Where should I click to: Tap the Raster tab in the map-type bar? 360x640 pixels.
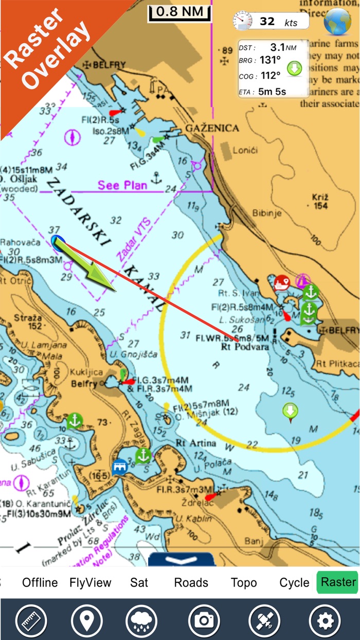(x=337, y=582)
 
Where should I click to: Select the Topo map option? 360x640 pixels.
(x=244, y=583)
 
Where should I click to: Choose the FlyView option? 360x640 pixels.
(x=91, y=583)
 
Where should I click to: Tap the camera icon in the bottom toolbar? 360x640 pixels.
(x=204, y=620)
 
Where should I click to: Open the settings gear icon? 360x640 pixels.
(x=325, y=620)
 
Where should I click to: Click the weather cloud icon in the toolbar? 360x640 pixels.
(x=144, y=620)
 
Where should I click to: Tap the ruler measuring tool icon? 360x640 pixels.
(x=31, y=620)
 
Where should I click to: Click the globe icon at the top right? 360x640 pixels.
(x=337, y=22)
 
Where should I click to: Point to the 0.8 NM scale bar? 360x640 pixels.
(x=179, y=12)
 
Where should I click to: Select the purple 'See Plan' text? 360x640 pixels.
(x=123, y=185)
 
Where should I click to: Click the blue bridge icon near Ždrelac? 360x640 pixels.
(x=120, y=467)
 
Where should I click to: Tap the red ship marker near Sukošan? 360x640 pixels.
(x=282, y=282)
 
